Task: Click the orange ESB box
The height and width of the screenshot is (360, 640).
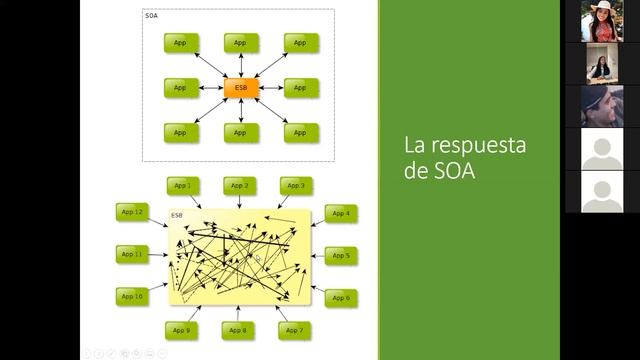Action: [240, 88]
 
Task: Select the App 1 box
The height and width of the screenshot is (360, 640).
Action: [181, 186]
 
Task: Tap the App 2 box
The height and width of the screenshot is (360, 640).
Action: [239, 186]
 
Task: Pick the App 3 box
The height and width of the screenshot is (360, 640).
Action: [296, 186]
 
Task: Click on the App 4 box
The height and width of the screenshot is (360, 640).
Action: [341, 213]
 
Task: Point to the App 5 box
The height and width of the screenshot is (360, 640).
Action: [341, 256]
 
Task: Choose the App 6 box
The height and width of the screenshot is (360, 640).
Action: [341, 298]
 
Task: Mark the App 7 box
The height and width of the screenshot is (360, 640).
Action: [294, 330]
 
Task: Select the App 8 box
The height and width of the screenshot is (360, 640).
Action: [238, 330]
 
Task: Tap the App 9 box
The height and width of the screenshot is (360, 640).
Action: [181, 330]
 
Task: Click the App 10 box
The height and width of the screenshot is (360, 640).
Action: [132, 297]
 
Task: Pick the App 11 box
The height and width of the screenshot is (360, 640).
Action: [132, 255]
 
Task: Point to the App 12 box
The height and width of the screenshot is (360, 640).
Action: [132, 212]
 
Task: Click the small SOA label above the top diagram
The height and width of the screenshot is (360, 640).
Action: [152, 17]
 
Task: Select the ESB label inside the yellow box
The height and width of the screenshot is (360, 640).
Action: [177, 216]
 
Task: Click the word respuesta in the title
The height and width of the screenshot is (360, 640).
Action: [478, 145]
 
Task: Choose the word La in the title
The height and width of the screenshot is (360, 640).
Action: [415, 144]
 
